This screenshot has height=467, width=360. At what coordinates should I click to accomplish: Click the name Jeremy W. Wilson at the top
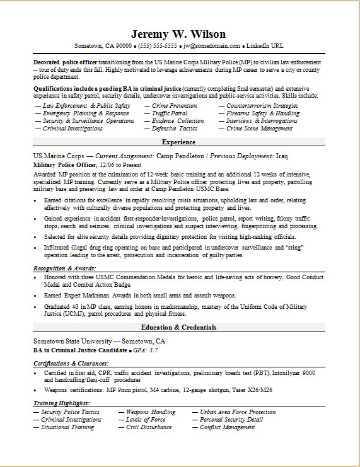[179, 33]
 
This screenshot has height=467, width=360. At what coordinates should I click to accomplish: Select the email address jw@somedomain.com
[212, 46]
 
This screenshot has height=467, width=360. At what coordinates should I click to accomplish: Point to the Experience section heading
[179, 142]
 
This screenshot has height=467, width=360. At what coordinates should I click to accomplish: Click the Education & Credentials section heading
[179, 328]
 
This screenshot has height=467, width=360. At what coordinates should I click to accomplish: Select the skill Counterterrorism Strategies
[262, 105]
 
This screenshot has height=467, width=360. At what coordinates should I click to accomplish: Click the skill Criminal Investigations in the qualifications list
[73, 128]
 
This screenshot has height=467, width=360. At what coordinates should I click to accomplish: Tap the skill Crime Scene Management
[259, 128]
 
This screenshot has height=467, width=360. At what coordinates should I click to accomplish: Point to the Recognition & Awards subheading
[64, 268]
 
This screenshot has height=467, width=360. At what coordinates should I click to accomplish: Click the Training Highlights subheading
[61, 404]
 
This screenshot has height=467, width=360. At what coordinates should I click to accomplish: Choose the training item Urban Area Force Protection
[237, 412]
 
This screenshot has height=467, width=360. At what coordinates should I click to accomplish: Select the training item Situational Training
[67, 427]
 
